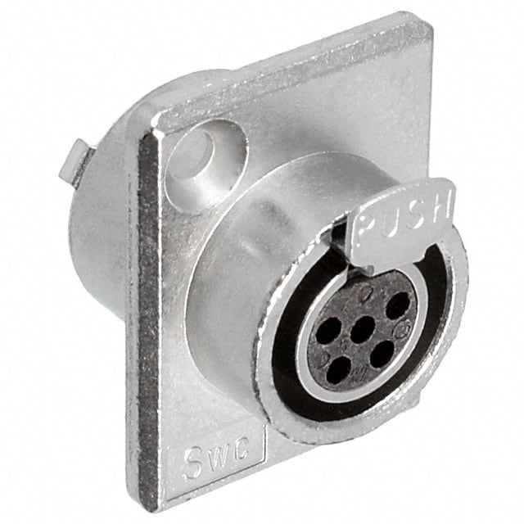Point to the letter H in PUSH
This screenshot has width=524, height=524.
click(441, 206)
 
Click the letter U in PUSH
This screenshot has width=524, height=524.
click(391, 217)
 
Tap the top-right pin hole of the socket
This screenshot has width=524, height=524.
click(397, 306)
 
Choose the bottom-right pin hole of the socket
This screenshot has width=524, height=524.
click(382, 355)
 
